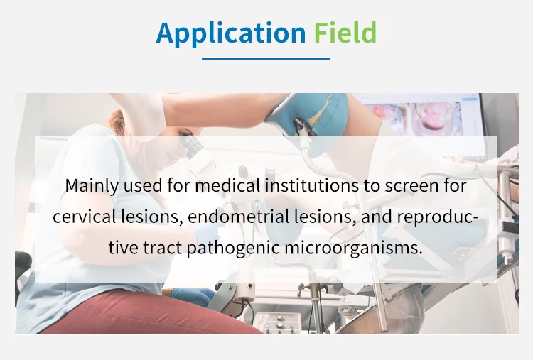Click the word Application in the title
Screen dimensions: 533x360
click(231, 33)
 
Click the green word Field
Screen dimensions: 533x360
click(345, 33)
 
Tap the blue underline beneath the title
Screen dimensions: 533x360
click(266, 59)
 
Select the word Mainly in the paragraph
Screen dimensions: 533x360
click(92, 186)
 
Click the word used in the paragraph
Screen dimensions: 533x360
click(143, 185)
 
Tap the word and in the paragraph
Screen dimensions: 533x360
click(377, 217)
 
